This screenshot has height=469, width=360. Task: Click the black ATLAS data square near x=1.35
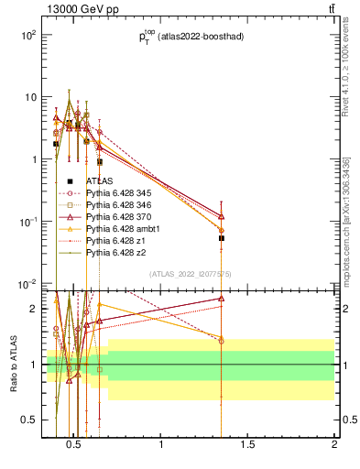click(x=221, y=238)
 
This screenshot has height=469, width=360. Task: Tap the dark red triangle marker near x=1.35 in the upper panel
click(x=221, y=215)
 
